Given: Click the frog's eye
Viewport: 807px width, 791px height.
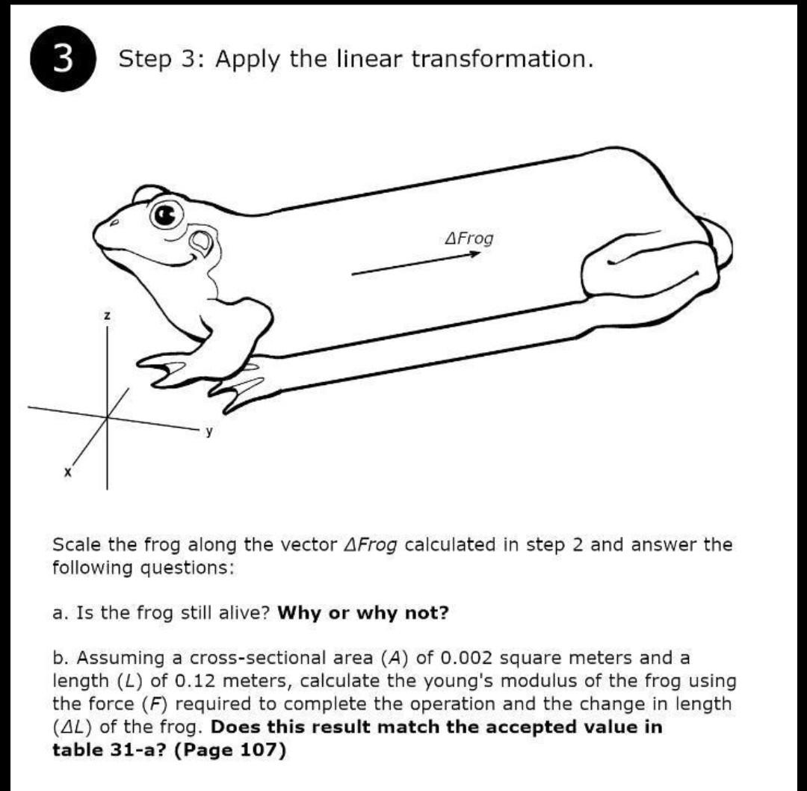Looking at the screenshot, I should coord(167,215).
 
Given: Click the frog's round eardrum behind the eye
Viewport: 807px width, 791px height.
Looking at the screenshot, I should coord(201,241).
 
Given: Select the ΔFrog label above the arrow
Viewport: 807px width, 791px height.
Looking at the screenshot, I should coord(469,238).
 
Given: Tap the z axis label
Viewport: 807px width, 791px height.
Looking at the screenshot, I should coord(107,317).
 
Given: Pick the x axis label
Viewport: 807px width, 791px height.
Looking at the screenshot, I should coord(67,473).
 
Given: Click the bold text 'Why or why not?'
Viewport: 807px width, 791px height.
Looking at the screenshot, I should coord(363,613).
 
